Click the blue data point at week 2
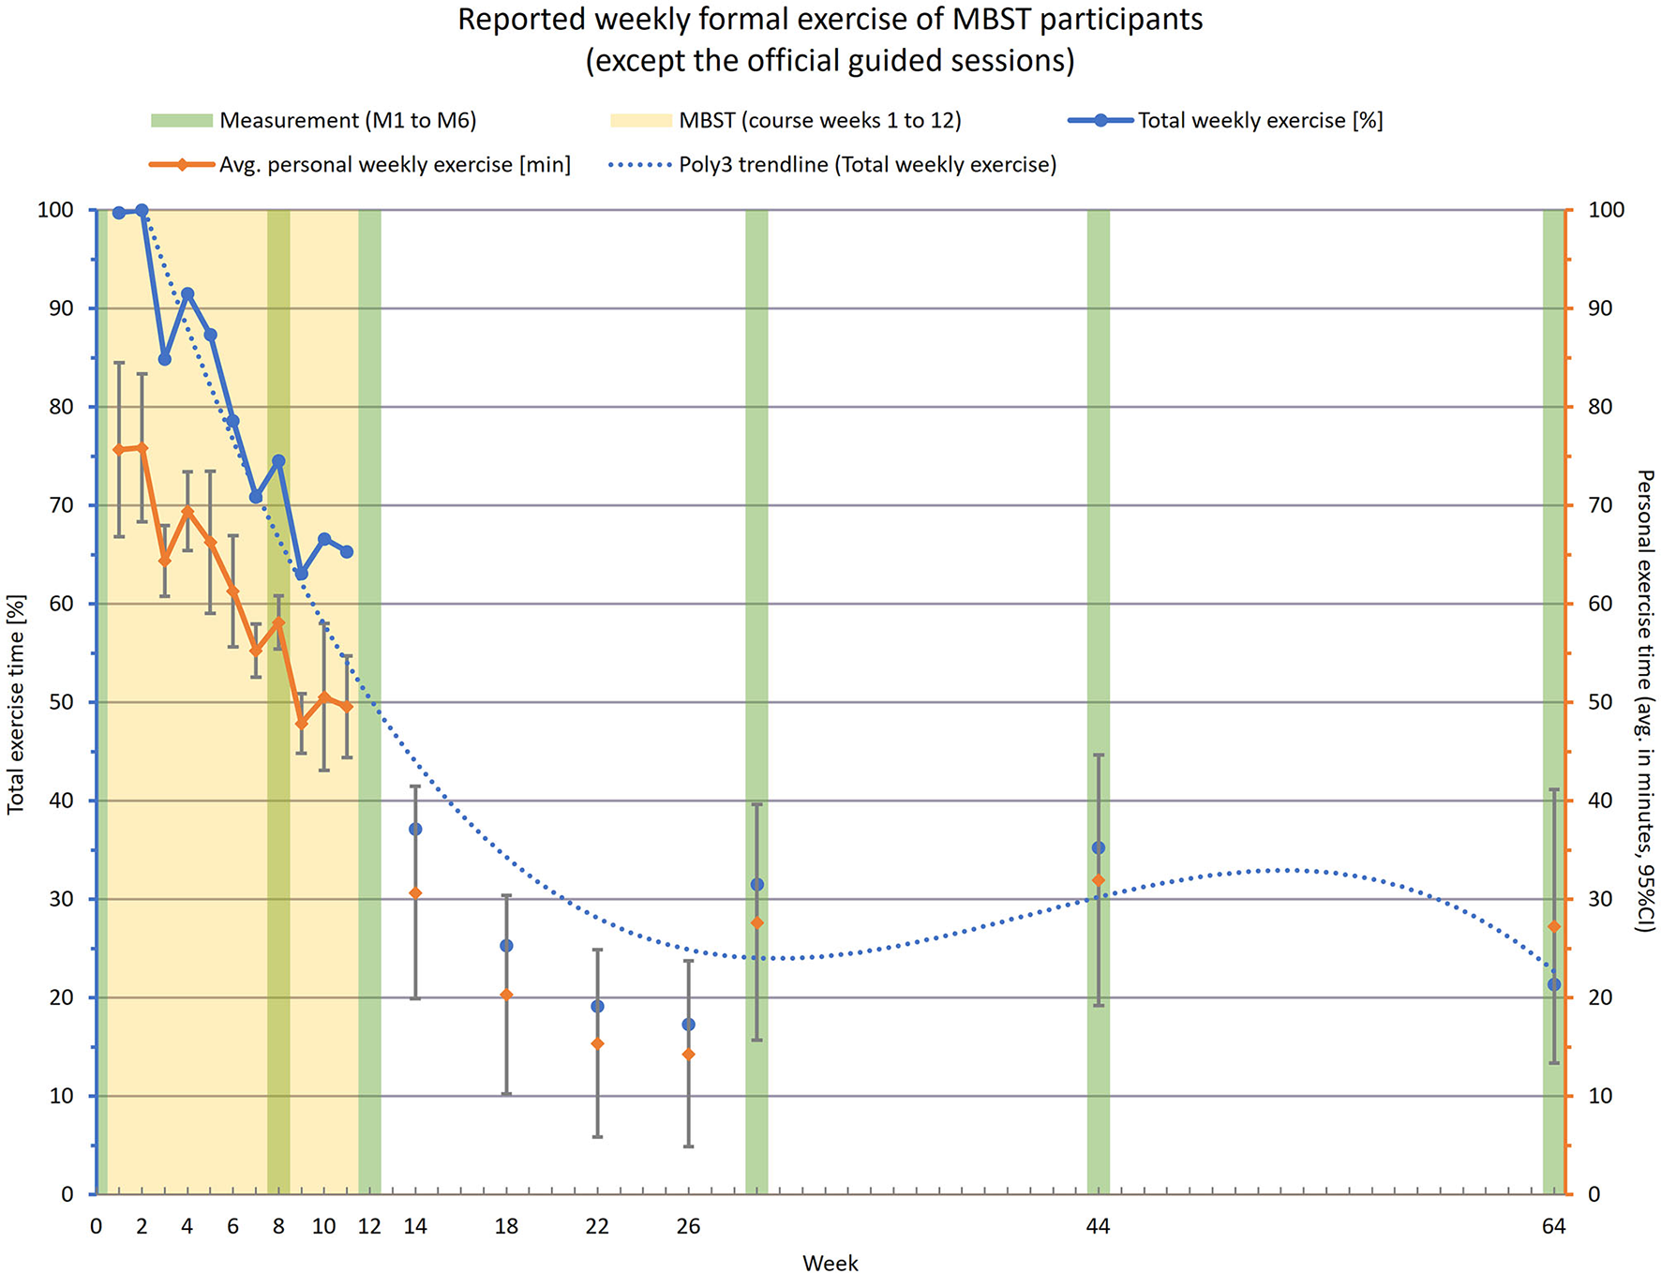point(142,211)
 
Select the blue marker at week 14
point(415,830)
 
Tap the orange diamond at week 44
point(1099,880)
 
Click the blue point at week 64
point(1554,984)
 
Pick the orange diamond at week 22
point(597,1043)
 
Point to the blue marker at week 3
point(165,359)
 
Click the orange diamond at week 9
point(301,724)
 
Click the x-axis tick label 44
point(1098,1226)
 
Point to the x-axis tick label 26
point(688,1226)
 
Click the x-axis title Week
point(830,1263)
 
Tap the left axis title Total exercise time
point(16,703)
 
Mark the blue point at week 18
point(506,946)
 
